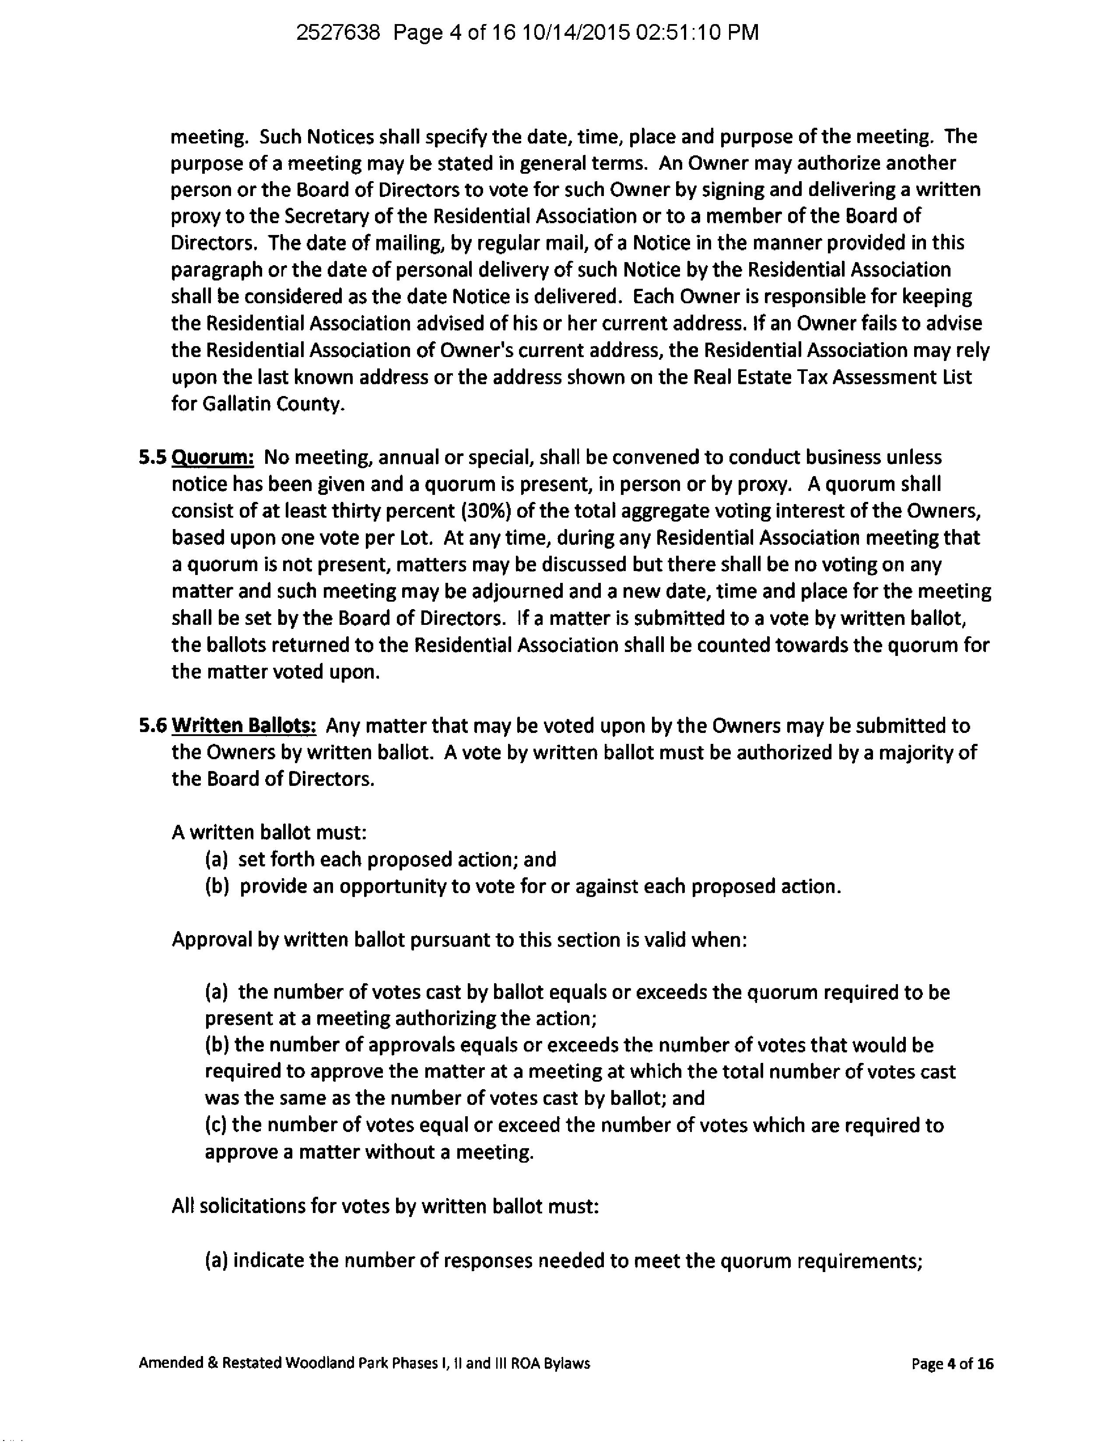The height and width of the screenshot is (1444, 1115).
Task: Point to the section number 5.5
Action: click(152, 458)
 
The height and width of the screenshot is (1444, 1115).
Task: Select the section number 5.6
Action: click(152, 726)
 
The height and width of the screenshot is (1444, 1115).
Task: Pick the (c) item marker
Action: click(216, 1125)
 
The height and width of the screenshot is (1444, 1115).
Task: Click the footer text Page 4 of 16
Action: click(952, 1363)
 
